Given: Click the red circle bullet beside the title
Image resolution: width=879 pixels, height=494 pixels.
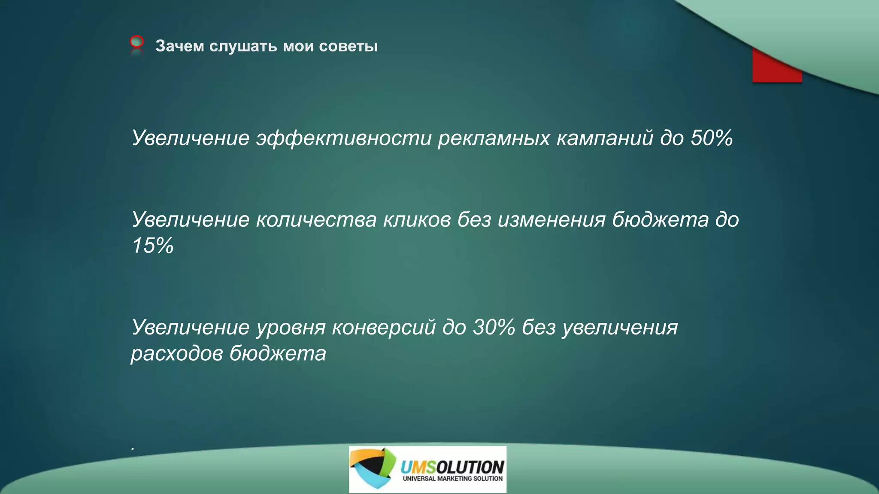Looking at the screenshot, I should click(x=136, y=42).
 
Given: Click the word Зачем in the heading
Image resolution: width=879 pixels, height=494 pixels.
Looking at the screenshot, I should click(x=179, y=46).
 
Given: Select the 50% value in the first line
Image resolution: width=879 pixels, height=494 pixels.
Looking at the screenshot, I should click(x=711, y=138).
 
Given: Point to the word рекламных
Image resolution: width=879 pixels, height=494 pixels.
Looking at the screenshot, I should click(x=494, y=138).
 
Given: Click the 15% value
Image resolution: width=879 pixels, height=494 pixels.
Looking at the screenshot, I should click(x=153, y=246).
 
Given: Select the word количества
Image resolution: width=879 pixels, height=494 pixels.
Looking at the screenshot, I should click(x=316, y=220).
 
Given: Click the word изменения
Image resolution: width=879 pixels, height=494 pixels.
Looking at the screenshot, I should click(x=552, y=220).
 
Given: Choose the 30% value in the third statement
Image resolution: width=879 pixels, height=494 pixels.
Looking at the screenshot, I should click(x=494, y=327).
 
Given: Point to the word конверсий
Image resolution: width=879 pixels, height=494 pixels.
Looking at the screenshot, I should click(x=384, y=327).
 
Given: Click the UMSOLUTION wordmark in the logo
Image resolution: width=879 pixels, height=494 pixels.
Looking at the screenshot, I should click(x=452, y=467).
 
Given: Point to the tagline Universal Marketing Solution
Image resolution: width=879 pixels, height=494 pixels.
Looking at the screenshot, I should click(x=452, y=479).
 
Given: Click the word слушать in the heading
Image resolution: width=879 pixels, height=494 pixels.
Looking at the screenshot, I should click(x=243, y=46).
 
